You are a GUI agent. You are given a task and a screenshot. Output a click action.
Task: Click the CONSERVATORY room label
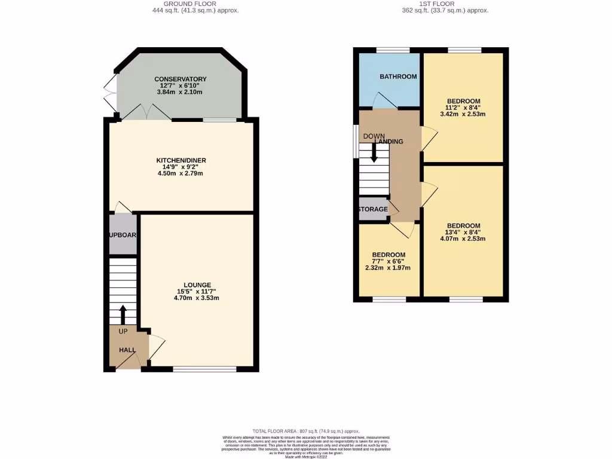point(180,79)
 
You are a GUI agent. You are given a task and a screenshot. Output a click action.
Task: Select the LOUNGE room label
point(197,284)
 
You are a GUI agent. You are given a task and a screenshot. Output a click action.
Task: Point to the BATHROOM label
point(398,76)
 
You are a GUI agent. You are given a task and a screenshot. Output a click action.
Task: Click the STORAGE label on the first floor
point(373,209)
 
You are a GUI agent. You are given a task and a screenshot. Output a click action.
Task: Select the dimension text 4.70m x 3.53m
point(197,298)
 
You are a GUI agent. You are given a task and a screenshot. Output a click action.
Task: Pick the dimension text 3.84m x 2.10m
point(180,92)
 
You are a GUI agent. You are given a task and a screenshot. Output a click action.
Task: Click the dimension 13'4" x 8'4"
point(464,232)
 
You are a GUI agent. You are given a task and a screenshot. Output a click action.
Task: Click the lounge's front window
point(204,369)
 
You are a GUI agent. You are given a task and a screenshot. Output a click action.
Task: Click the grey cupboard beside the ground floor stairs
point(124,234)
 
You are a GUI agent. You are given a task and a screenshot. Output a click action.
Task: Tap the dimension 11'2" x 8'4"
point(464,107)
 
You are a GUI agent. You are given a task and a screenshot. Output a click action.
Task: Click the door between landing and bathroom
point(381,102)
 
